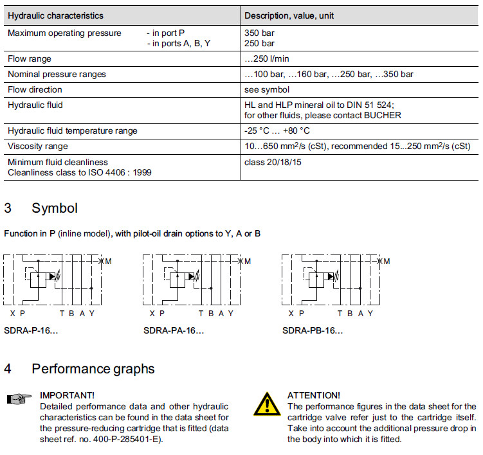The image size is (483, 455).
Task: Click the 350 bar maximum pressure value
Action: (x=259, y=33)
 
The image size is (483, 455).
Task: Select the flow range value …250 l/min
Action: (x=268, y=58)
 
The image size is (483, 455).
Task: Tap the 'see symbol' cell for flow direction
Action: (x=266, y=89)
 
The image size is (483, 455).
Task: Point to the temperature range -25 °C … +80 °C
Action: (x=277, y=130)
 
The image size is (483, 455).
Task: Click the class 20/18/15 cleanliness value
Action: (x=273, y=162)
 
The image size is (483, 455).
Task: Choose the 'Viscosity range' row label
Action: (x=37, y=147)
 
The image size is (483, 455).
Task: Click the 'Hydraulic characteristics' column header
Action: (x=55, y=15)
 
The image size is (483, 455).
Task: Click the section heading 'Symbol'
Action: (x=55, y=208)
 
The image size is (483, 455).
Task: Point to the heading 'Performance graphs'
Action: (x=93, y=369)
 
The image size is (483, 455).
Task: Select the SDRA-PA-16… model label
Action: (x=174, y=331)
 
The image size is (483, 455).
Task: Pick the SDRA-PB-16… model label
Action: (x=313, y=331)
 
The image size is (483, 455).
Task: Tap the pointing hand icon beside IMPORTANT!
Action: (x=19, y=400)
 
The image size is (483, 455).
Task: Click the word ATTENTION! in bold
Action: (x=313, y=395)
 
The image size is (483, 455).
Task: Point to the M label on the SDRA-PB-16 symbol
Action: (x=387, y=261)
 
